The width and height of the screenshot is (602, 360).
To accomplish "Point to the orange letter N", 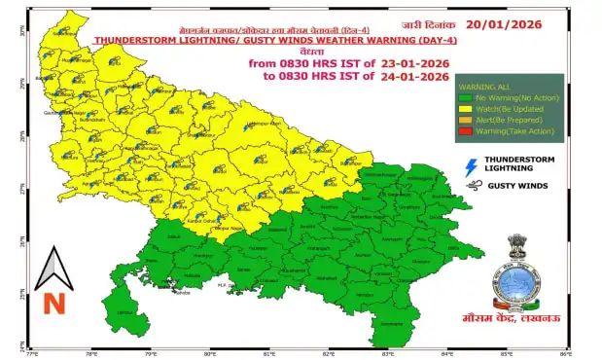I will (x=54, y=303).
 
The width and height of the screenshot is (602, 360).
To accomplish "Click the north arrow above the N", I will (x=54, y=267).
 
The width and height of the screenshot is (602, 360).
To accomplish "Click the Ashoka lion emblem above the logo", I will (x=514, y=249).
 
